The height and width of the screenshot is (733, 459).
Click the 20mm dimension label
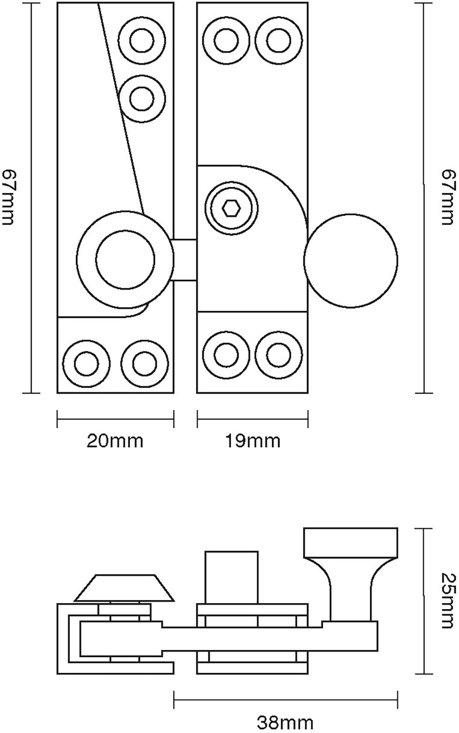coord(115,441)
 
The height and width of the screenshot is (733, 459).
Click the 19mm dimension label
coord(252,441)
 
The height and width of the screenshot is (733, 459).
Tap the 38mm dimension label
coord(285,723)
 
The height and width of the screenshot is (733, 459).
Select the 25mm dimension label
coord(447,601)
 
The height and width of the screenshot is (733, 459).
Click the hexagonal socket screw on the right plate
coord(231,209)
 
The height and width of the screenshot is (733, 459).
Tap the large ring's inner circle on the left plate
coord(125,260)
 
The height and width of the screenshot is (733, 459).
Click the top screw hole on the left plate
coord(141,41)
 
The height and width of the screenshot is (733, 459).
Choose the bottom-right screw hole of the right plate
coord(279,355)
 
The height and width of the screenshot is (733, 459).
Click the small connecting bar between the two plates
coord(185,260)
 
